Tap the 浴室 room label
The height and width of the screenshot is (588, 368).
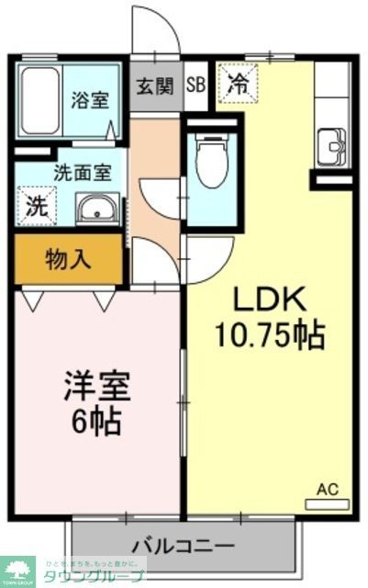tap(90, 100)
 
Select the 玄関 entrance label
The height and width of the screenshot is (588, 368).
tap(154, 88)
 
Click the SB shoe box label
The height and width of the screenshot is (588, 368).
tap(195, 88)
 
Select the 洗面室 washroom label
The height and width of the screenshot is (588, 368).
tap(82, 170)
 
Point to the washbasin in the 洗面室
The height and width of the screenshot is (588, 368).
tap(95, 209)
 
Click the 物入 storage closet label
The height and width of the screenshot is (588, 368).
tap(68, 259)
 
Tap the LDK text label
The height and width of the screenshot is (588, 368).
tap(270, 302)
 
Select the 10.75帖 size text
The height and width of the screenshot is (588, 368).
tap(270, 335)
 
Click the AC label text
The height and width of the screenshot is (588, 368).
tap(328, 489)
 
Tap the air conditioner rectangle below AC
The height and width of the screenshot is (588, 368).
tap(327, 503)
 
